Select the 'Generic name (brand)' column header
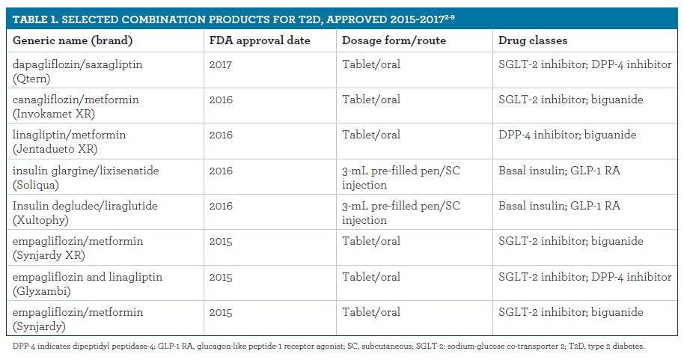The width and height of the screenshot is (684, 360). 73,40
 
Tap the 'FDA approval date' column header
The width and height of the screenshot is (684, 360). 260,40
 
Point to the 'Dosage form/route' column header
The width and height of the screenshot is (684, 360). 394,40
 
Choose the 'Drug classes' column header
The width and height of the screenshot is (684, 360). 533,40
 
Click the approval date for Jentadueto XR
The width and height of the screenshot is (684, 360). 221,135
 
